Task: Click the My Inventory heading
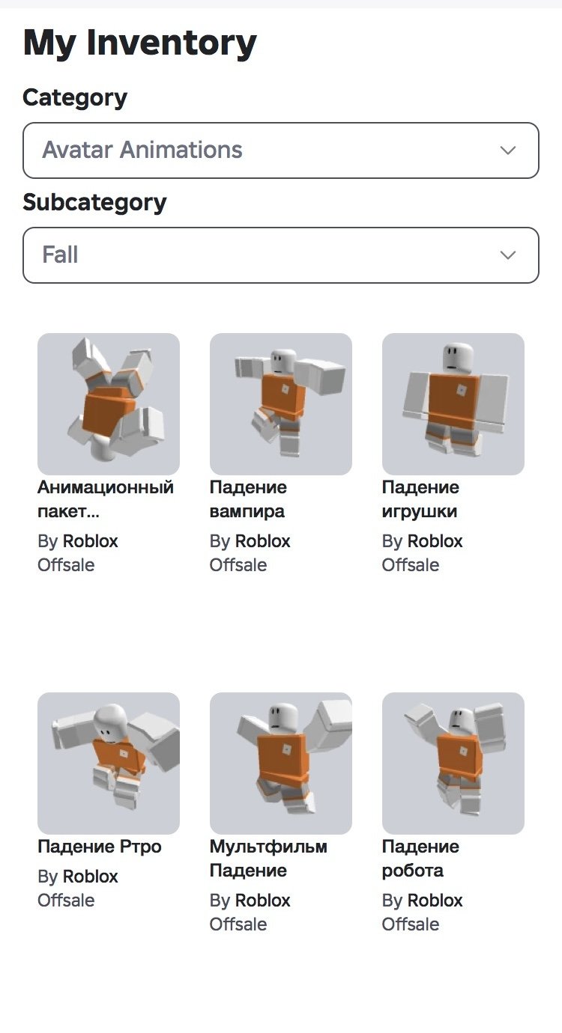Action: click(x=139, y=43)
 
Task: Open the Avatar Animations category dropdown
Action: click(x=281, y=150)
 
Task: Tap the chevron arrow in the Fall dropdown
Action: click(x=508, y=255)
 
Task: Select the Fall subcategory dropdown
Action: click(x=281, y=255)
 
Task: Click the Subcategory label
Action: click(x=94, y=203)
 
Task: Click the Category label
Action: click(x=75, y=98)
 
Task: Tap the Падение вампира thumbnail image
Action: click(x=281, y=404)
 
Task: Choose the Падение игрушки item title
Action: click(x=420, y=499)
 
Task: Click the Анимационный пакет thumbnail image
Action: click(x=109, y=404)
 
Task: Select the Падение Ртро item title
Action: click(x=99, y=847)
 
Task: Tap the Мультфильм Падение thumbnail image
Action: click(x=281, y=764)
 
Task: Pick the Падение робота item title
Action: click(x=420, y=859)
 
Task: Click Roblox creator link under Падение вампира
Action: click(x=263, y=541)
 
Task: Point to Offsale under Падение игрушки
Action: click(x=411, y=565)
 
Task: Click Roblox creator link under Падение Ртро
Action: click(x=91, y=877)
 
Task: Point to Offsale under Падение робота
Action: click(x=411, y=924)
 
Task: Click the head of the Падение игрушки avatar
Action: click(x=458, y=358)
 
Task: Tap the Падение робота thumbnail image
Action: click(x=453, y=764)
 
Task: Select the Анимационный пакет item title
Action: click(x=106, y=499)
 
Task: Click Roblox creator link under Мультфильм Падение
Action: click(x=263, y=901)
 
